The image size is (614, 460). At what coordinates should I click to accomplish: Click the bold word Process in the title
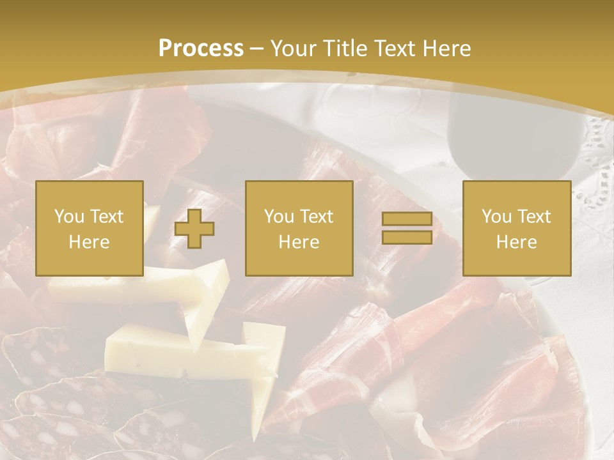click(x=201, y=49)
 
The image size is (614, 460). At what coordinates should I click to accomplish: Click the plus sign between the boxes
click(x=194, y=229)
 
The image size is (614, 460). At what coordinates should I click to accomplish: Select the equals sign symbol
click(x=407, y=229)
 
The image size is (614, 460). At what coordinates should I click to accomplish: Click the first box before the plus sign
click(x=89, y=228)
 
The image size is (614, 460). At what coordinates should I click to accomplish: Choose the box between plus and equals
click(x=299, y=228)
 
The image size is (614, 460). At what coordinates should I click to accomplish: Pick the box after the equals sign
click(x=516, y=228)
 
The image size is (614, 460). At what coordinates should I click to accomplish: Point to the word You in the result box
click(x=496, y=217)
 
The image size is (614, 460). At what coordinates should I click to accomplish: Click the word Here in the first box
click(x=89, y=242)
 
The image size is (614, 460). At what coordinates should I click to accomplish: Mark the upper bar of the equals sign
click(x=407, y=219)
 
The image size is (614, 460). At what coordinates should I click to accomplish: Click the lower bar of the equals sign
click(x=407, y=238)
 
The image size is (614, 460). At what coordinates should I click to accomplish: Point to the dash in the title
click(x=256, y=49)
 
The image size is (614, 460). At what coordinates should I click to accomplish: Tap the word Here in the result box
click(x=516, y=242)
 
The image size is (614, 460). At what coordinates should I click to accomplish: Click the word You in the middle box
click(x=279, y=217)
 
